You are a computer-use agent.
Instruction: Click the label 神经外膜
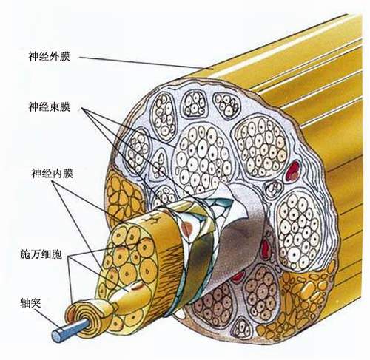point(50,56)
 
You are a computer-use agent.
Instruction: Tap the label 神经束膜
point(50,107)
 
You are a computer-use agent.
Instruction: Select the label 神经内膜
point(53,173)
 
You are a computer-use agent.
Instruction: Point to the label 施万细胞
point(41,254)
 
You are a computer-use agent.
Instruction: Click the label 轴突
point(30,302)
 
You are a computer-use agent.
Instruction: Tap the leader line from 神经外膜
point(146,64)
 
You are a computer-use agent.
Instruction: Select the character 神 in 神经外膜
point(34,56)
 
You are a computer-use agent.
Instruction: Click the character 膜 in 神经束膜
point(65,107)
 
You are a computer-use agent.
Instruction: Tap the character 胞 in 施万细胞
point(57,254)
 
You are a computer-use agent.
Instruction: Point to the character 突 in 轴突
point(36,302)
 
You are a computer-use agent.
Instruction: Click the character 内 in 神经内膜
point(58,173)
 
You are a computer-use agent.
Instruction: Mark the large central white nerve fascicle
point(203,157)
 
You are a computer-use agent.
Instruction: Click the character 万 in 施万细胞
point(36,254)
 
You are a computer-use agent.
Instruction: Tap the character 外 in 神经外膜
point(55,56)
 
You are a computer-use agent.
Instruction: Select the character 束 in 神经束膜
point(55,107)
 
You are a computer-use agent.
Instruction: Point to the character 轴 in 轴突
point(25,302)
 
